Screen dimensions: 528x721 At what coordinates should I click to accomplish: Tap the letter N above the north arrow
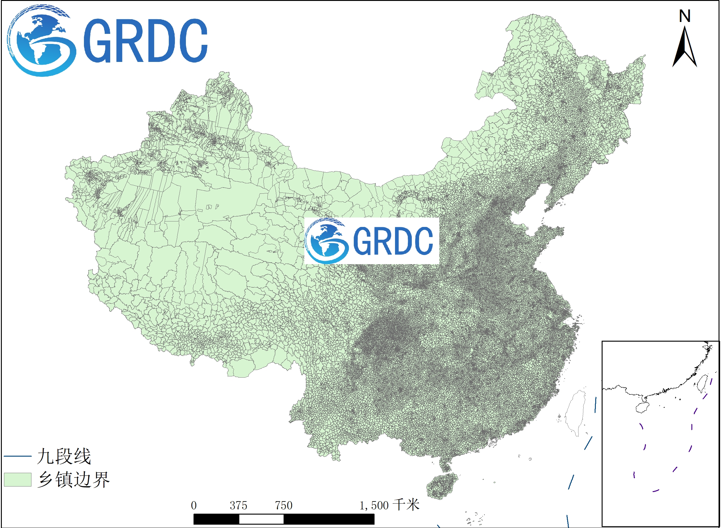[685, 16]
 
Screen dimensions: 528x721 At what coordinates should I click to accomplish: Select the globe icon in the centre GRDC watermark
[327, 241]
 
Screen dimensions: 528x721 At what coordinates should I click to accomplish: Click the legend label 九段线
[64, 456]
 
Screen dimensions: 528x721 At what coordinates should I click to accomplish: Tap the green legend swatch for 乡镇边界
[18, 480]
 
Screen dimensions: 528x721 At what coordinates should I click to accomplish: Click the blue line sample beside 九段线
[18, 456]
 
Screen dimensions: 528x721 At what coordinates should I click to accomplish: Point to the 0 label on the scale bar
[194, 506]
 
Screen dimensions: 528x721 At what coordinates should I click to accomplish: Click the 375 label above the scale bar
[239, 506]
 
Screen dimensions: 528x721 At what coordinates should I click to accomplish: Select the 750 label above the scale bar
[284, 506]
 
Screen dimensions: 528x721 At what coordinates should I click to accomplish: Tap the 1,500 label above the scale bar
[374, 506]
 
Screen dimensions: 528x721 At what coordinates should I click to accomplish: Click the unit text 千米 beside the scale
[406, 505]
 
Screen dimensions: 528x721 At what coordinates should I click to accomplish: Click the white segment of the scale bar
[261, 519]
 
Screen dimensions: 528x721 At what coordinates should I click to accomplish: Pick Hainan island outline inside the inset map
[642, 408]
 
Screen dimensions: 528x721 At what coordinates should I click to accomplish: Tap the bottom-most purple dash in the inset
[656, 490]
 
